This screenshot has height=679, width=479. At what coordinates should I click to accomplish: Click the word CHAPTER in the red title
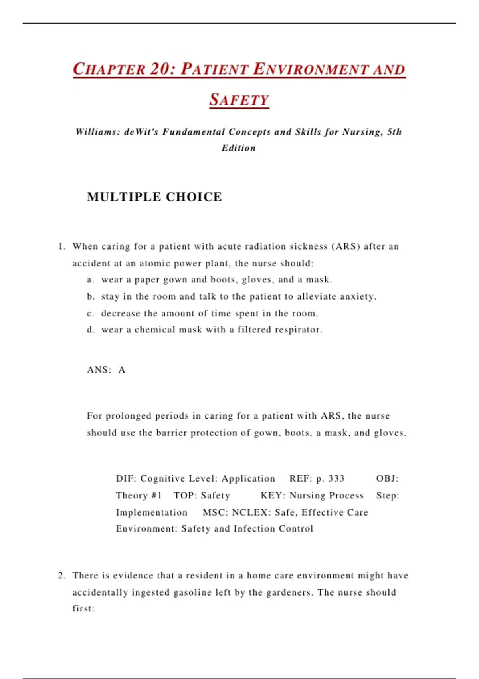[109, 69]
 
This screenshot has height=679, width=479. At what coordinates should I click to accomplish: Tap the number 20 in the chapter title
[160, 69]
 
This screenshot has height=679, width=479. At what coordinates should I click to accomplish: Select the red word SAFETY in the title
[239, 100]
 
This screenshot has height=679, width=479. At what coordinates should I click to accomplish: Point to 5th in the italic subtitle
[394, 132]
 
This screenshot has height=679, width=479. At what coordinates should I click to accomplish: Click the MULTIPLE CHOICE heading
[154, 197]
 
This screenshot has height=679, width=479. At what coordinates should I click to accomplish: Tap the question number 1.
[61, 246]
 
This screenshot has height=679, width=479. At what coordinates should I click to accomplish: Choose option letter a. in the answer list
[91, 280]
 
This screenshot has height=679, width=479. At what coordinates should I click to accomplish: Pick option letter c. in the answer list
[91, 314]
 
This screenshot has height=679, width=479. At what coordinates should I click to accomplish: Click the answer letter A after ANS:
[122, 370]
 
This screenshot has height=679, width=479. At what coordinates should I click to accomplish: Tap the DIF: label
[126, 478]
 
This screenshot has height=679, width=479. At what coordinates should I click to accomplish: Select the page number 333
[336, 478]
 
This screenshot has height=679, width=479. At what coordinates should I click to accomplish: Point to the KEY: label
[273, 496]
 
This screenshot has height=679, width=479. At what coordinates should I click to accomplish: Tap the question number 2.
[61, 576]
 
